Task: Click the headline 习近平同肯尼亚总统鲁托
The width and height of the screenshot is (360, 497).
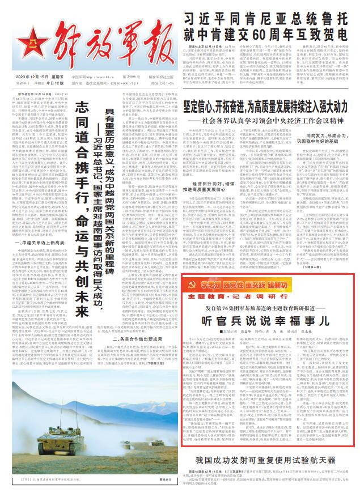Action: click(267, 18)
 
